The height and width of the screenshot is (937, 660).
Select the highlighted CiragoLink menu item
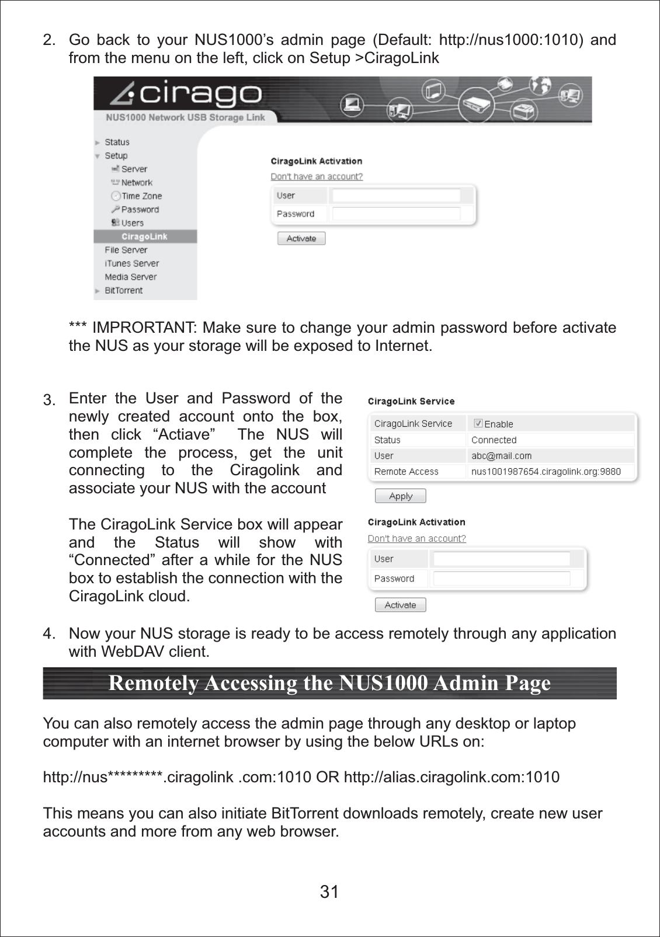(x=144, y=236)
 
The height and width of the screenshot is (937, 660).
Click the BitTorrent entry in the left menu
(x=123, y=290)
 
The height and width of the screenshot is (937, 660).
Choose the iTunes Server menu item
(x=131, y=263)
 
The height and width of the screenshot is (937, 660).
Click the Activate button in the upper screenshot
(x=301, y=238)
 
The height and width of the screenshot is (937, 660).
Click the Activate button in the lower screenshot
(x=400, y=605)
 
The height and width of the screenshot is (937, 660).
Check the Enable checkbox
(x=478, y=423)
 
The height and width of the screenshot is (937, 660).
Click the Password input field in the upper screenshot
(x=396, y=214)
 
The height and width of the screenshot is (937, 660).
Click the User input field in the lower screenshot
(x=502, y=559)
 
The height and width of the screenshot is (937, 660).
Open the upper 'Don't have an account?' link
(x=317, y=176)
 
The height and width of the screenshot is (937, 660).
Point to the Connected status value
(x=494, y=440)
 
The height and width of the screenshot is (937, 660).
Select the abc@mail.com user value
(x=501, y=455)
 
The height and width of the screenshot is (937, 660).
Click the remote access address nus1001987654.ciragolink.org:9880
(x=546, y=471)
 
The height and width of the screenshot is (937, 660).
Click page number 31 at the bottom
(x=329, y=891)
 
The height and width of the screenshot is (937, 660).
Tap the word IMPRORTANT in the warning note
(x=144, y=328)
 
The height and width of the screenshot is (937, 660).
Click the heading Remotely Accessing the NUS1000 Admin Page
(x=329, y=683)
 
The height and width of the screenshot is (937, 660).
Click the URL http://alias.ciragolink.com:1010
(x=451, y=777)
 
